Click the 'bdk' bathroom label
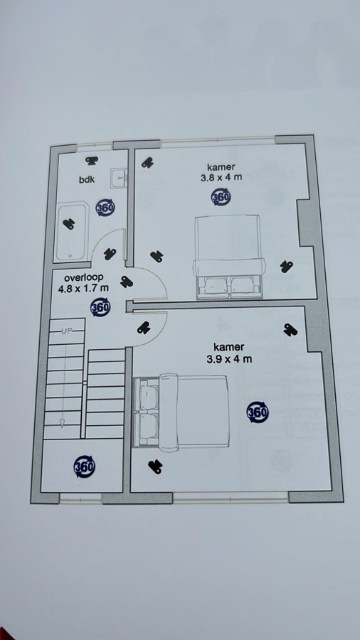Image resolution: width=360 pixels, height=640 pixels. point(87,179)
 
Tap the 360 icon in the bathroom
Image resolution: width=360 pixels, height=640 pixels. point(105,208)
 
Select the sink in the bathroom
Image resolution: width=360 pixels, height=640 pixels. point(119,178)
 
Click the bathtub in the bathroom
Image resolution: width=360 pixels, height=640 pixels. point(72,233)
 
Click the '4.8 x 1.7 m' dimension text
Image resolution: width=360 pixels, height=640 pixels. point(84,289)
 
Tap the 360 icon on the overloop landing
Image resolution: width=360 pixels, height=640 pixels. point(100,308)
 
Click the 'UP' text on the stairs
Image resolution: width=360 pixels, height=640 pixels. point(67,331)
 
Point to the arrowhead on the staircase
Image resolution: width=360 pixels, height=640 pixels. point(62,423)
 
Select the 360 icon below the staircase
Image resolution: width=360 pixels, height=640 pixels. point(85,466)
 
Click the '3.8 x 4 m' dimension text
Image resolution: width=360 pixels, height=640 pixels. point(222,178)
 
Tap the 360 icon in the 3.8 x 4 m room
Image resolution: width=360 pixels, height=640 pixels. point(221,197)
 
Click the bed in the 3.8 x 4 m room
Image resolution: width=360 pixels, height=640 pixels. point(229,257)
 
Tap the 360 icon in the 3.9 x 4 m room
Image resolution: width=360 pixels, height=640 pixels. point(258,412)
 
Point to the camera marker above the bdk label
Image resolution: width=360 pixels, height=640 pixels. point(92,161)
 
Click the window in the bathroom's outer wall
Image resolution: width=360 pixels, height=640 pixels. point(95,144)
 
